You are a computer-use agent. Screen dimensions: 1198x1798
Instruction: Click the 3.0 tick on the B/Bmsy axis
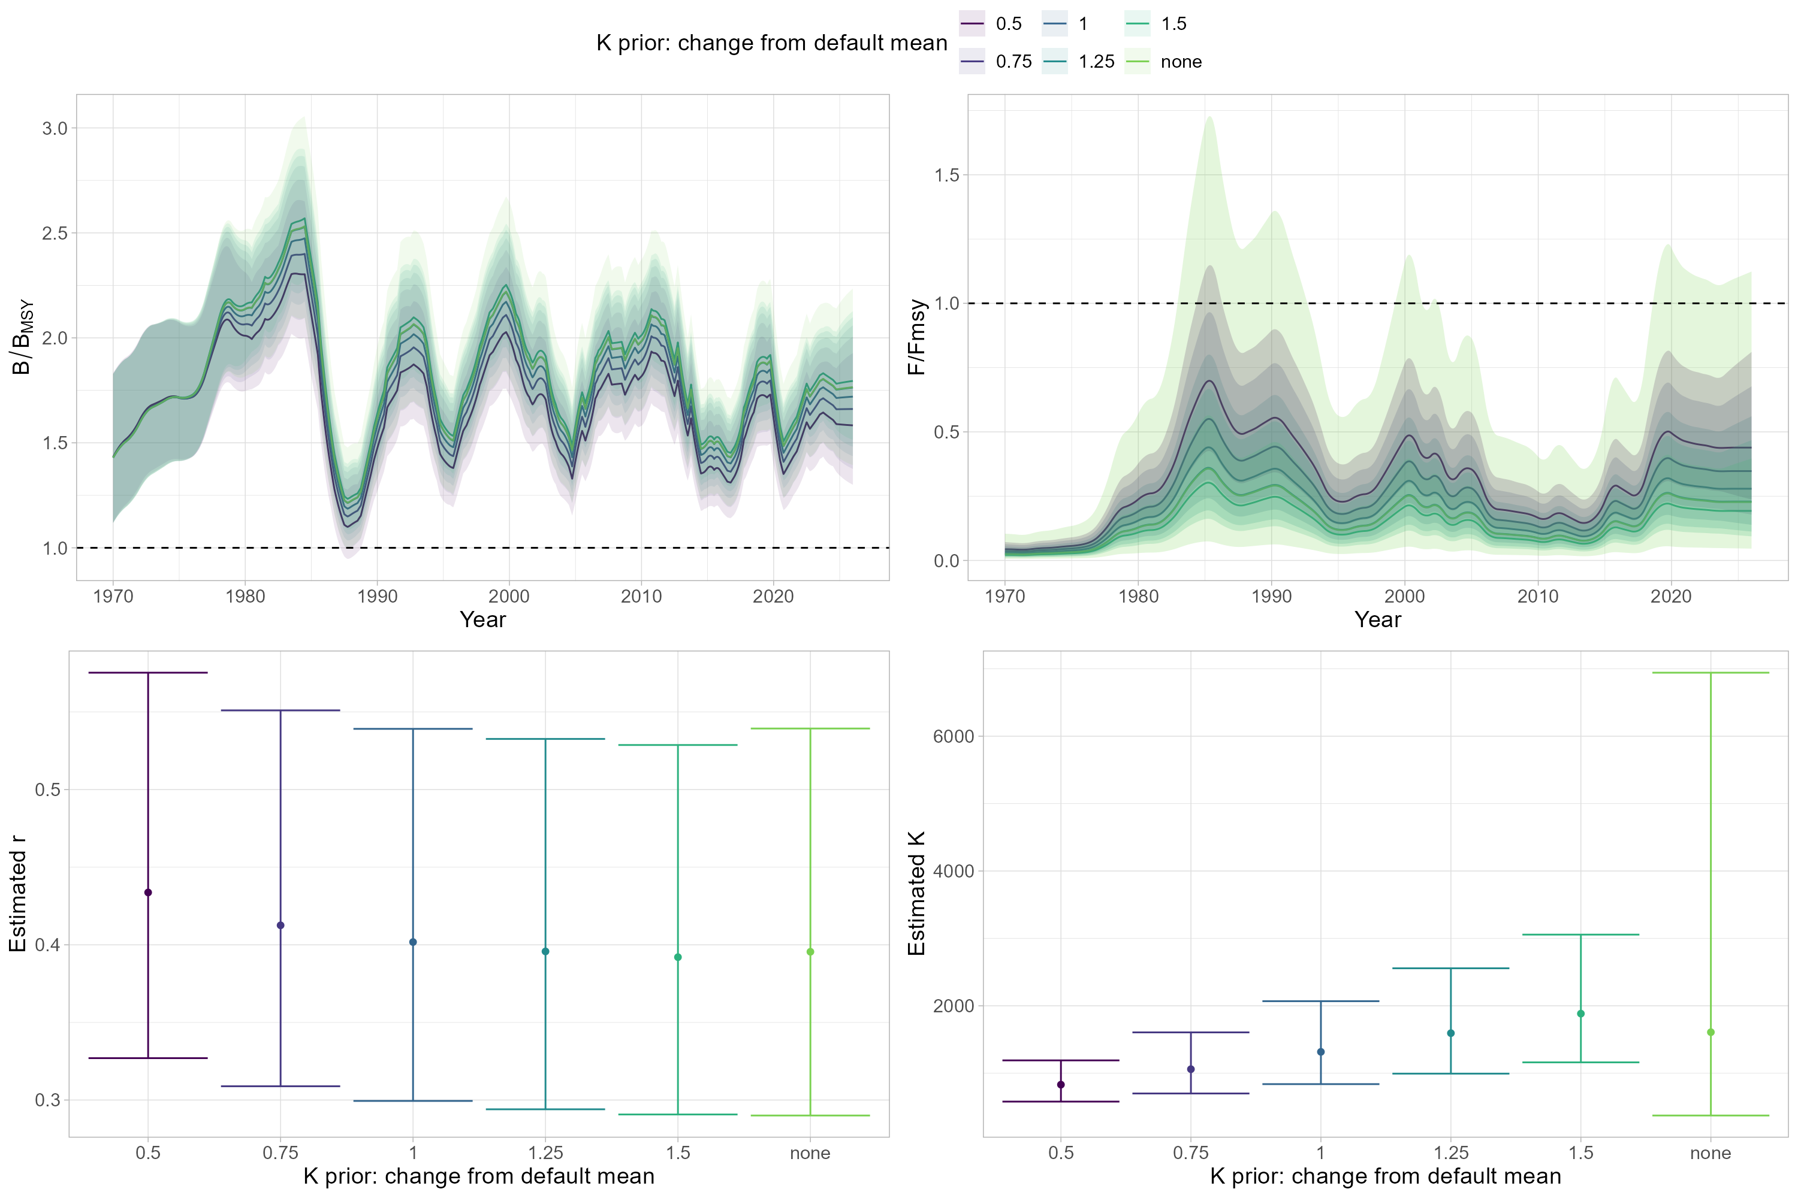tap(55, 128)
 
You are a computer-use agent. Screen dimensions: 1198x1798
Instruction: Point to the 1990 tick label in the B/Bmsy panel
tap(377, 597)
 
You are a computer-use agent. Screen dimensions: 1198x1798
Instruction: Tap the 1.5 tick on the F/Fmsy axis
tap(946, 175)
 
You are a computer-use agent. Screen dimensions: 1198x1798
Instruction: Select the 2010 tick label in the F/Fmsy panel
tap(1537, 597)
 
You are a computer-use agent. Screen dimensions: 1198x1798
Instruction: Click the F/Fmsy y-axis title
tap(916, 337)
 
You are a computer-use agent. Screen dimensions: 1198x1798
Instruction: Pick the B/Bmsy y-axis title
tap(23, 337)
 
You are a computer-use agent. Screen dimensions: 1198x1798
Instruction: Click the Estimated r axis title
tap(19, 894)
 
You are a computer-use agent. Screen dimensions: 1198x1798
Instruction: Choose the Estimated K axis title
tap(916, 894)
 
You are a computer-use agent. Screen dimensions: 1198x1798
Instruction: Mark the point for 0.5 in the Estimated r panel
tap(148, 893)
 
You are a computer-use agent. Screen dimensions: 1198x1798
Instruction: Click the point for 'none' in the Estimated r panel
tap(810, 952)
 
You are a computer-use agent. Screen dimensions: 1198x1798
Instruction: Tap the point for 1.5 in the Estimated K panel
tap(1581, 1014)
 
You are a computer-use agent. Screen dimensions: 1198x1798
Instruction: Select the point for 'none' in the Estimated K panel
tap(1711, 1032)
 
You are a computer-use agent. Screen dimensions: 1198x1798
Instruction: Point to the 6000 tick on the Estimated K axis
tap(954, 737)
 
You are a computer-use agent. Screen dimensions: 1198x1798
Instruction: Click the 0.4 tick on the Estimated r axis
tap(48, 945)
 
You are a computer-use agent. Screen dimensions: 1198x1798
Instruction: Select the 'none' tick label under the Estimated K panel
tap(1711, 1153)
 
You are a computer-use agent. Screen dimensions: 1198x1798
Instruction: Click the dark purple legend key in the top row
tap(972, 24)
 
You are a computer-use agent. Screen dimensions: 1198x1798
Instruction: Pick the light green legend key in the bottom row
tap(1138, 61)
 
